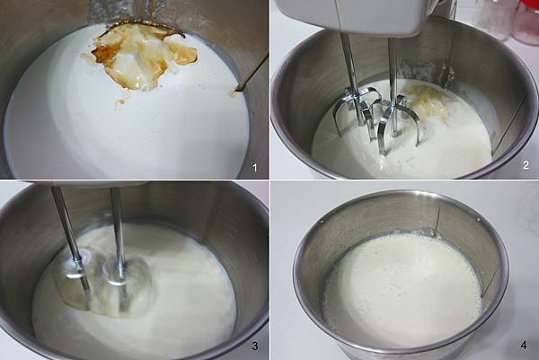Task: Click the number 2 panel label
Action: tap(526, 167)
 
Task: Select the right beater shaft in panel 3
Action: tap(118, 224)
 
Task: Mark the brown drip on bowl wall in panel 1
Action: tap(251, 75)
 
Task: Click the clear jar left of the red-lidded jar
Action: tap(485, 27)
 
